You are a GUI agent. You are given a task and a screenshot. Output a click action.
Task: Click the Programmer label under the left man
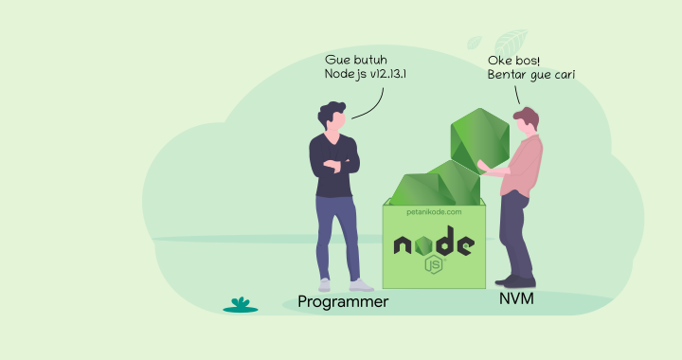343,302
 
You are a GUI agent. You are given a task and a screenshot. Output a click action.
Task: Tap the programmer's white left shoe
361,284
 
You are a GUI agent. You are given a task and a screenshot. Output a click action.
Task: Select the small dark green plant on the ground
241,305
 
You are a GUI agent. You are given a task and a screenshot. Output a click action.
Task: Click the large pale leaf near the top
511,44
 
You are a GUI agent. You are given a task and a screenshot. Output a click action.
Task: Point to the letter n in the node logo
404,245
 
